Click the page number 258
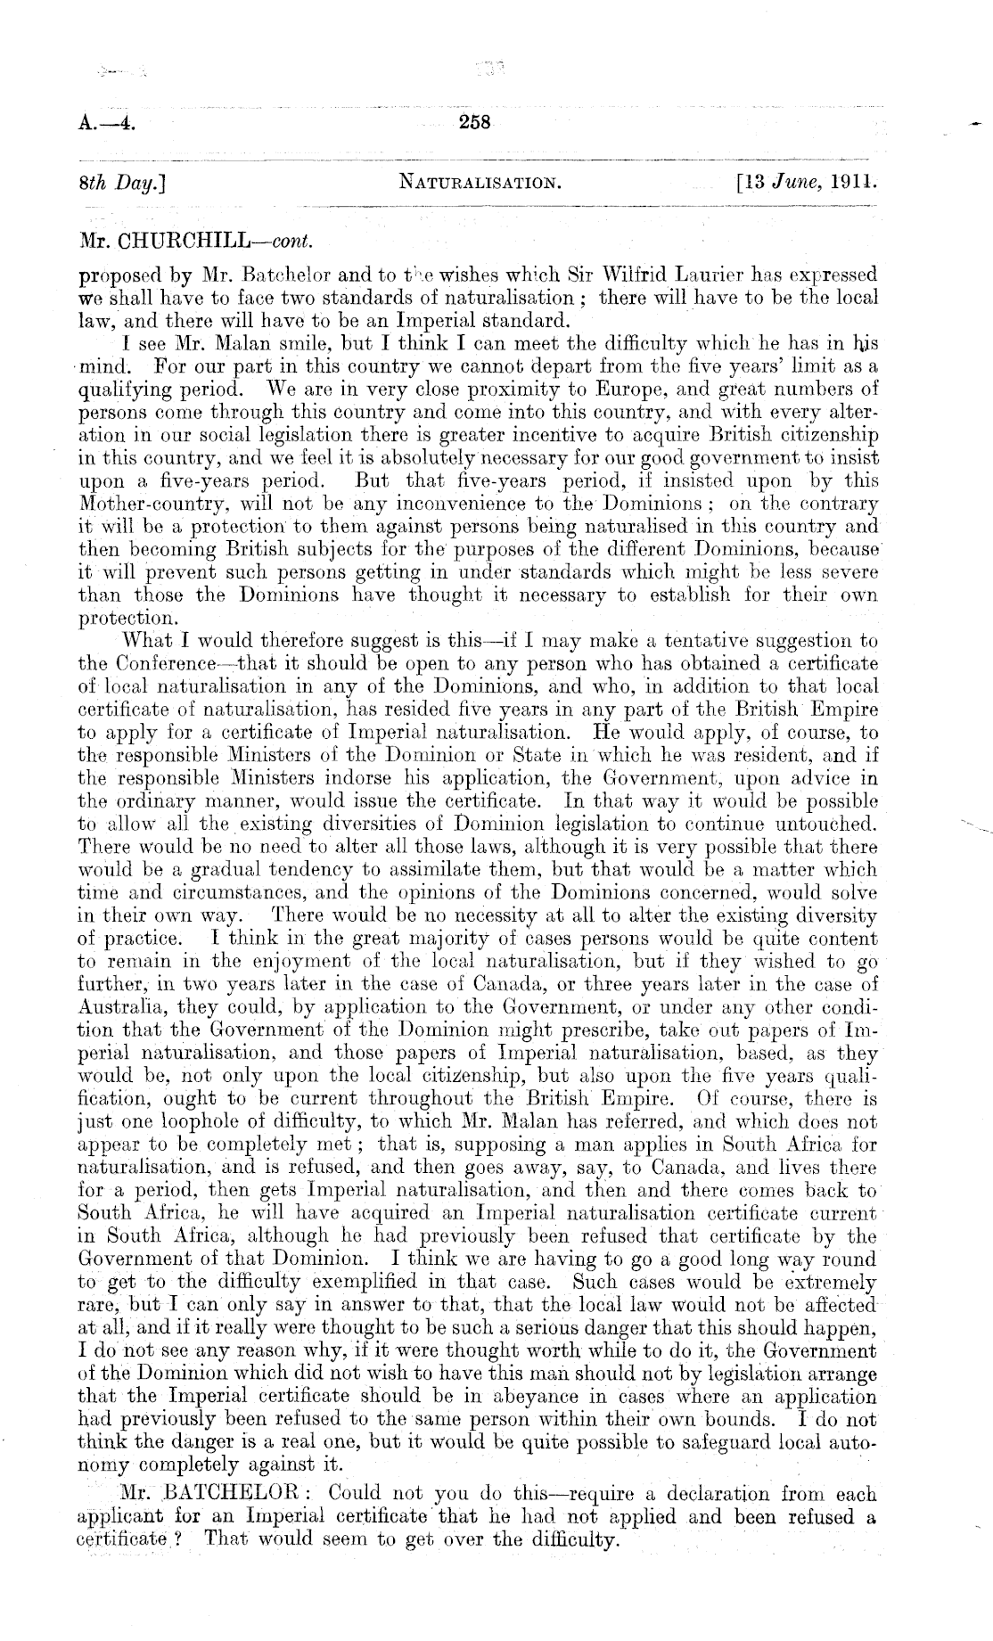coord(474,123)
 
